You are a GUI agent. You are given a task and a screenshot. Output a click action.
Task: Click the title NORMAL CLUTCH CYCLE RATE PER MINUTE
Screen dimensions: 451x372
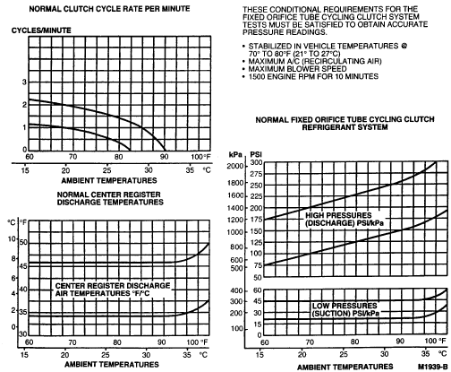pos(109,9)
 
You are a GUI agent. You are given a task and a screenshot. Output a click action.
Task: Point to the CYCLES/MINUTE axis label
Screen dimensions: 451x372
pos(41,30)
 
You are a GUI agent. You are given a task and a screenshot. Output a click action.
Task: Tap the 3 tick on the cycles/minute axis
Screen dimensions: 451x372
pos(25,82)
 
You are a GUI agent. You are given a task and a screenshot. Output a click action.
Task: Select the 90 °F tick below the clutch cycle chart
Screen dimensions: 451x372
pos(164,157)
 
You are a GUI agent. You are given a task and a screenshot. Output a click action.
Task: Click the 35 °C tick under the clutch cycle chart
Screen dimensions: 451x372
pos(190,170)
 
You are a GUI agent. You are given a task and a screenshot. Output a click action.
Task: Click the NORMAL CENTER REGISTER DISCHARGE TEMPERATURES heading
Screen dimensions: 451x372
pos(110,198)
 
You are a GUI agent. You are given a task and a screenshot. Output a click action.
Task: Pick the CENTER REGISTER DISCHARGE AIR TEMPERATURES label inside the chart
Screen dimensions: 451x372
pos(113,290)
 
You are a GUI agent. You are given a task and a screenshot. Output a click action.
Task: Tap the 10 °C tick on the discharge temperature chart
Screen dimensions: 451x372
pos(12,239)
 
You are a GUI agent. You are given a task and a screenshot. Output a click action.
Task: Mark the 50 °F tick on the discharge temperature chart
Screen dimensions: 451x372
pos(23,242)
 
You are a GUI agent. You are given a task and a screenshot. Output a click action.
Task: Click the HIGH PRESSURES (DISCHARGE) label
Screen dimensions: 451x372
pos(345,220)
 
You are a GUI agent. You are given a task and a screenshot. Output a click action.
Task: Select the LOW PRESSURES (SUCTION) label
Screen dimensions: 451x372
pos(345,309)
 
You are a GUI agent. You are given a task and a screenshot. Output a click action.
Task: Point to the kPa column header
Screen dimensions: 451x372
pos(235,154)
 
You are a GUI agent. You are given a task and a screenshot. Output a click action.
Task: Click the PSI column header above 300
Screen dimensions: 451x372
pos(256,154)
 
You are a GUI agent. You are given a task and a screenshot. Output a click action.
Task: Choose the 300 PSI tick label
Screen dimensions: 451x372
pos(256,163)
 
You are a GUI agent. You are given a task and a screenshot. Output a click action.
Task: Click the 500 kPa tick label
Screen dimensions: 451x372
pos(237,268)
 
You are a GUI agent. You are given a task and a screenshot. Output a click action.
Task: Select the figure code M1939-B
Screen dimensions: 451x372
pos(433,367)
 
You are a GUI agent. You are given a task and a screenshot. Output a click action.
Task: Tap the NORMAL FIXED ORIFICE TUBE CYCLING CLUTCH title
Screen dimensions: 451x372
pos(345,124)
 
